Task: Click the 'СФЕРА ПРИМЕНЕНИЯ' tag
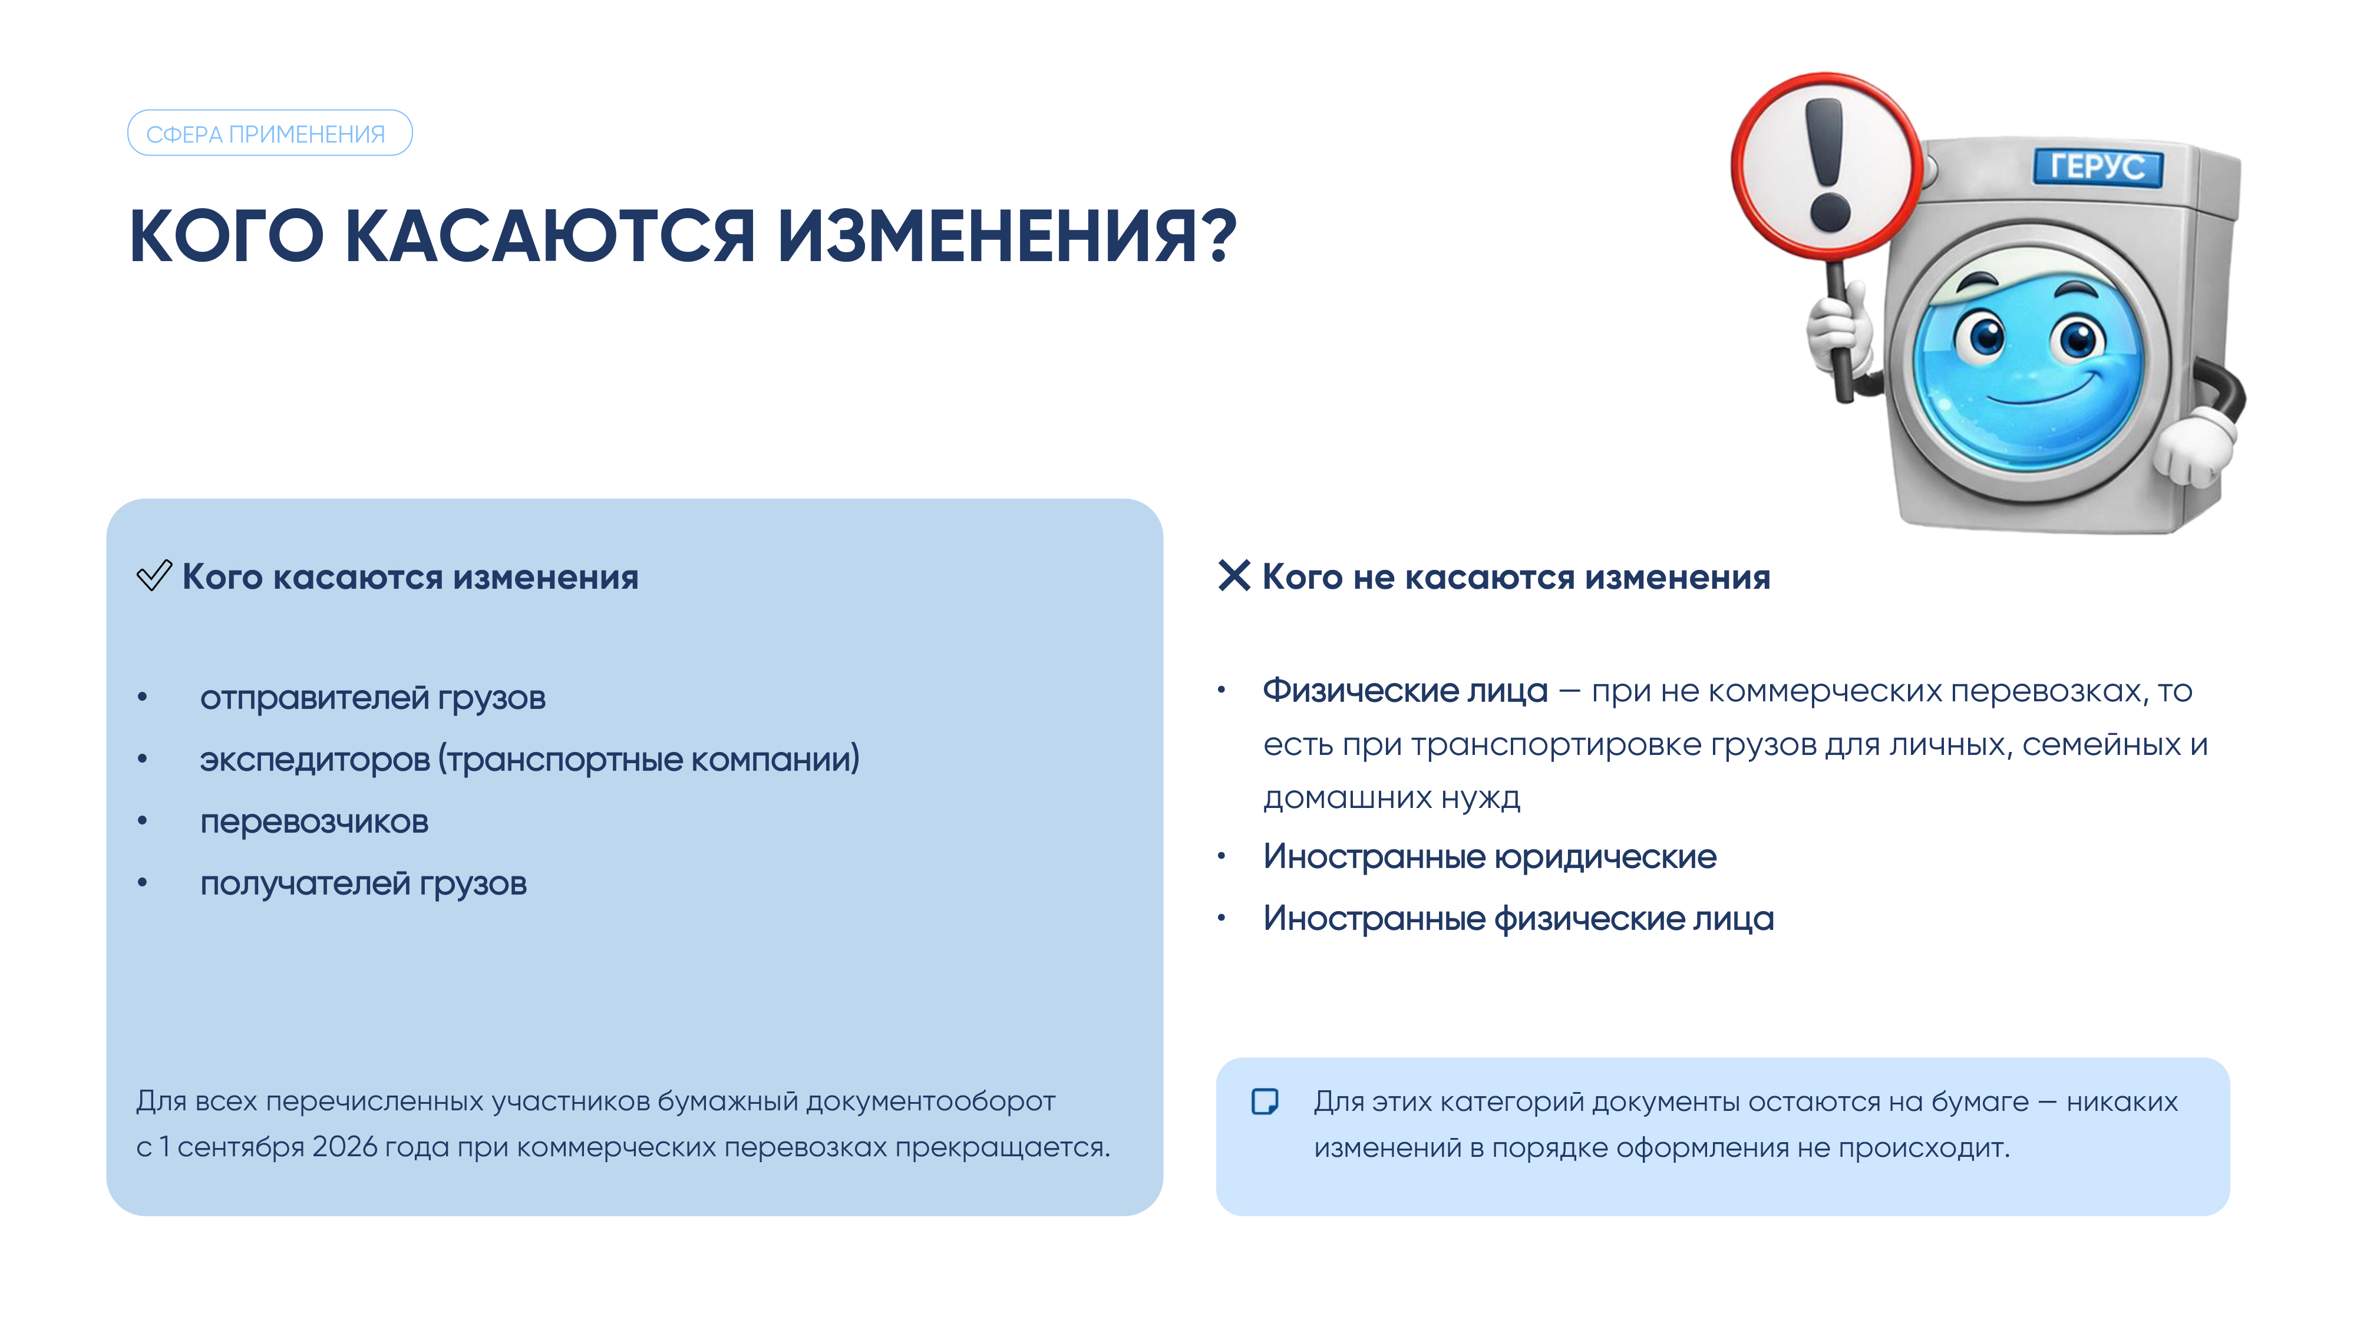click(x=270, y=134)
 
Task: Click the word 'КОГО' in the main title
click(x=227, y=236)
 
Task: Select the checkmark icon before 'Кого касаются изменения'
click(x=154, y=576)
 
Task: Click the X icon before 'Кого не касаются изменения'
click(x=1234, y=576)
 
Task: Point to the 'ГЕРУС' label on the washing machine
click(x=2097, y=167)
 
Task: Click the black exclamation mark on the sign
click(x=1828, y=166)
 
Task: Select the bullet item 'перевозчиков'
click(x=314, y=822)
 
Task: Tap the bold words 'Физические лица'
click(x=1405, y=690)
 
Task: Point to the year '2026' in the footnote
click(x=344, y=1147)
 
